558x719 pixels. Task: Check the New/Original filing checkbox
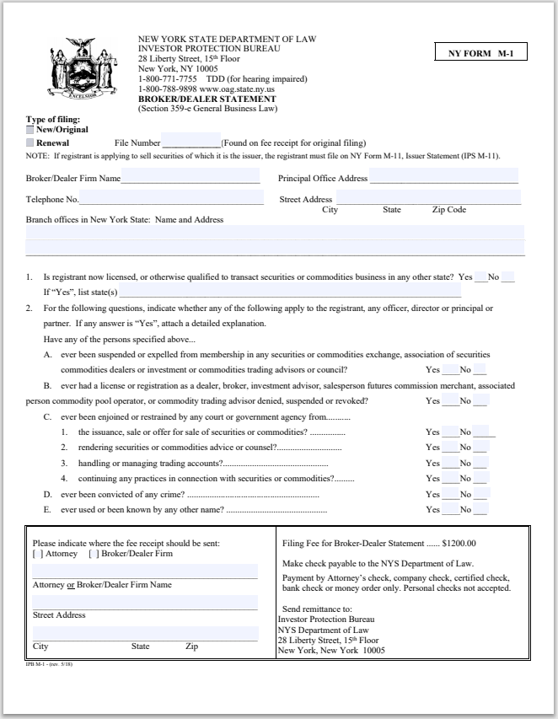coord(30,130)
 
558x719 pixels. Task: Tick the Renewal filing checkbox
coord(30,143)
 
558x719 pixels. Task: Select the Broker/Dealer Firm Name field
coord(190,178)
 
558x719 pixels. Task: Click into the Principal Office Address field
coord(443,178)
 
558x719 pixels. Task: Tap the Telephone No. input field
coord(171,199)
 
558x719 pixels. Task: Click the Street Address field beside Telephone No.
coord(427,199)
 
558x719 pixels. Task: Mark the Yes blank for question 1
coord(480,276)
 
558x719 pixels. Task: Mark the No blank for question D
coord(480,494)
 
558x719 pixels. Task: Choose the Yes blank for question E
coord(449,509)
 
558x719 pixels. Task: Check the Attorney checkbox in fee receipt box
coord(36,554)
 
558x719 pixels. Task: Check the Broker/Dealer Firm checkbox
coord(94,554)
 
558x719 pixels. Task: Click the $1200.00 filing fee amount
coord(459,543)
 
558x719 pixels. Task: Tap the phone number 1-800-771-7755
coord(165,79)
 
